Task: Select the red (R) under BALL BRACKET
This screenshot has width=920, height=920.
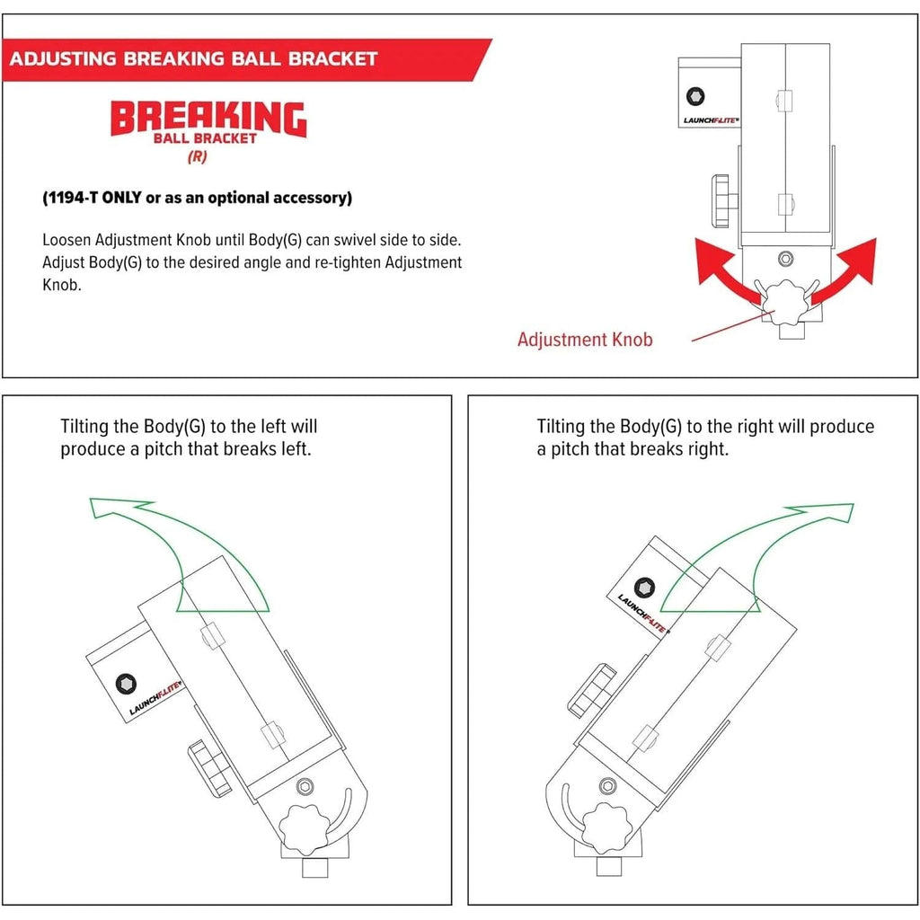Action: tap(196, 156)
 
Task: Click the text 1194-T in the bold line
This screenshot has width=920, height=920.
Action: tap(78, 198)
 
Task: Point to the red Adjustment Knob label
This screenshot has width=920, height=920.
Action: tap(585, 340)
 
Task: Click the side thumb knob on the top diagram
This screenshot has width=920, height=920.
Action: tap(723, 201)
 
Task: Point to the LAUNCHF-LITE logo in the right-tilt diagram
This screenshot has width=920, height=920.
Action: tap(642, 613)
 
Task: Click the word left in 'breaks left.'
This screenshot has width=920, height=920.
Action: tap(292, 449)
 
